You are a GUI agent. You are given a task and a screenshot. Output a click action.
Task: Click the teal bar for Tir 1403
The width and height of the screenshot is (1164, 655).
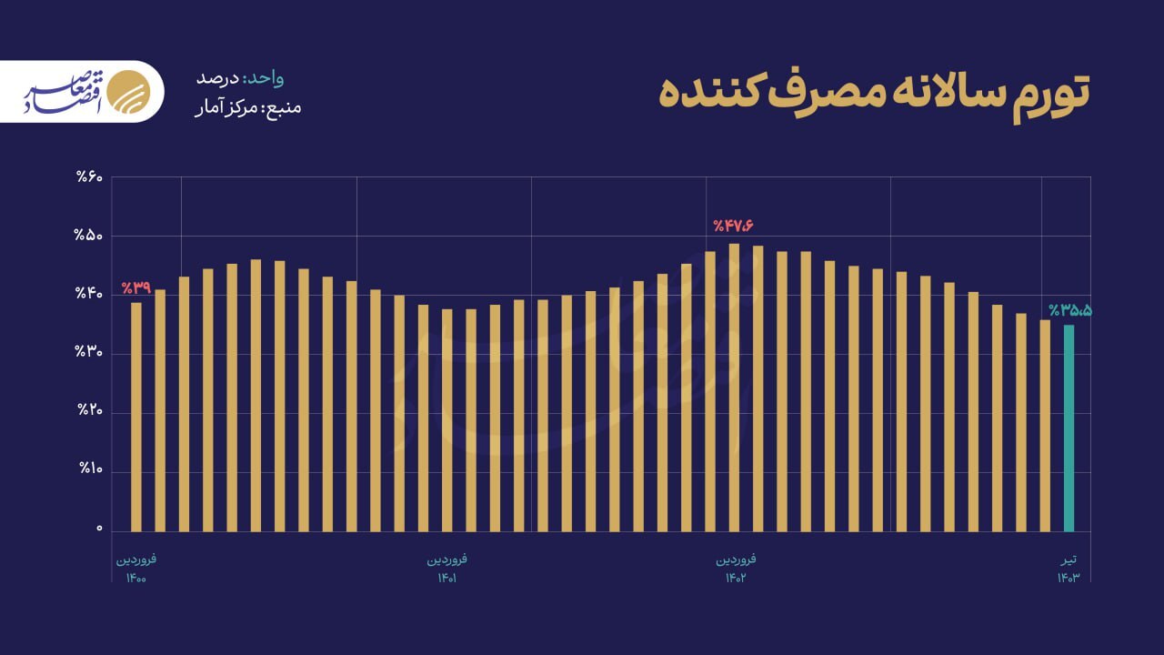[1069, 428]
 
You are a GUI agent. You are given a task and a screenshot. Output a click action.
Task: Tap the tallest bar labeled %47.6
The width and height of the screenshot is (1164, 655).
[734, 387]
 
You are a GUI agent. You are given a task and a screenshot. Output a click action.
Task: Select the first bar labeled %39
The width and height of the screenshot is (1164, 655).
[136, 417]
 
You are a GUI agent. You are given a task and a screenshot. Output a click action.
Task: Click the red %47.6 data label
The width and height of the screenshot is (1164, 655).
[734, 226]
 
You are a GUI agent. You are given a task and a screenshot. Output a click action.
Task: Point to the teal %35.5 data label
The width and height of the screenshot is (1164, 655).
[1069, 310]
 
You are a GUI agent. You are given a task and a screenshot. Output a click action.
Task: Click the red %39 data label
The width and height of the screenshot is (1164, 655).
[135, 287]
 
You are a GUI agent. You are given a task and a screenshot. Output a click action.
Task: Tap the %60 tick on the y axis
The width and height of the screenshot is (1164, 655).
[90, 176]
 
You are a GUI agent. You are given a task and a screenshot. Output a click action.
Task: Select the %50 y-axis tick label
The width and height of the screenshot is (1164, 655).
[90, 236]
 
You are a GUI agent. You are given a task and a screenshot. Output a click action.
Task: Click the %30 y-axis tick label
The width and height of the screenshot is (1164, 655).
[90, 353]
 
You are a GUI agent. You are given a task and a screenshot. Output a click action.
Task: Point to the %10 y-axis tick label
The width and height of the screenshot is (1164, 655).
[90, 470]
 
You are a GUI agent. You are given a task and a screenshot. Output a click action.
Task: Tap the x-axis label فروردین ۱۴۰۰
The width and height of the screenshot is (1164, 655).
[136, 568]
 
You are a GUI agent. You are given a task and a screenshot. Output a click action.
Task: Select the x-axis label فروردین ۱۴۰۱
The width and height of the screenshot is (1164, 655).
[447, 568]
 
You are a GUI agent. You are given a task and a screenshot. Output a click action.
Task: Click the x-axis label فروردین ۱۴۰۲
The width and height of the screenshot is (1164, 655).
[735, 568]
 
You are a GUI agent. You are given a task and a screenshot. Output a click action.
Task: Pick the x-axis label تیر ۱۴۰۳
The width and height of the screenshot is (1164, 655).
[1069, 568]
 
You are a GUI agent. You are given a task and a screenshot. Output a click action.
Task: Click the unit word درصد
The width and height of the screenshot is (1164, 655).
[216, 78]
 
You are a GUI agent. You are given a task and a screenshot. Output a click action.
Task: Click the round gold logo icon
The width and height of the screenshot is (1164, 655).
[125, 91]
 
